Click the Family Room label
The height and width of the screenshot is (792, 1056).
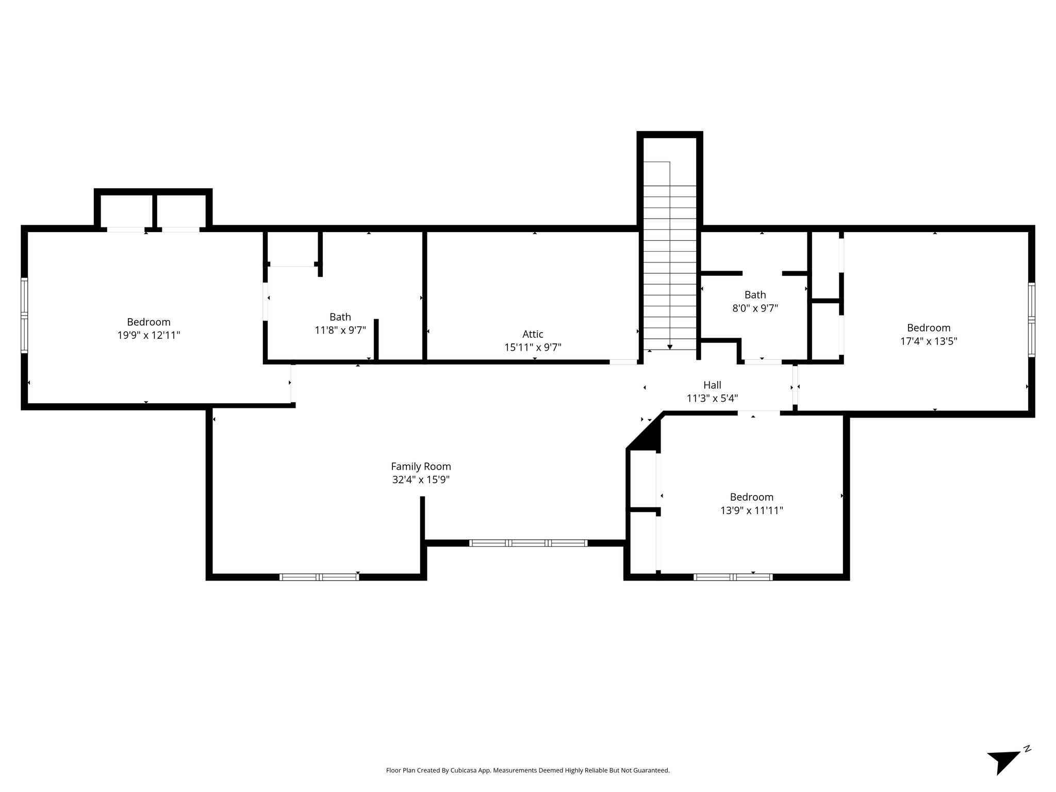(421, 466)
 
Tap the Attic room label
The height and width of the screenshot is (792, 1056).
(533, 334)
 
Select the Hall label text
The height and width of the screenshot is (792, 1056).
(712, 385)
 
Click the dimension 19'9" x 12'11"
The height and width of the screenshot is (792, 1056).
(148, 335)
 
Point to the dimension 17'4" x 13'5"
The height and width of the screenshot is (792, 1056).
(929, 341)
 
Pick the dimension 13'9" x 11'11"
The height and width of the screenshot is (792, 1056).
(752, 510)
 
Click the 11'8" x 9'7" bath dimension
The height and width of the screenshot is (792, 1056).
(340, 330)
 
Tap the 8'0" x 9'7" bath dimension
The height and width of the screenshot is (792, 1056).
(755, 308)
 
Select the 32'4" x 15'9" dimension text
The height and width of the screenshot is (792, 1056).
(421, 480)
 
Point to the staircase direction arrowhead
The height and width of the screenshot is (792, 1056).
(670, 347)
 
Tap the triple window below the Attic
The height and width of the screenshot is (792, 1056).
(528, 543)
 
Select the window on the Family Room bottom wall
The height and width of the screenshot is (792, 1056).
(319, 577)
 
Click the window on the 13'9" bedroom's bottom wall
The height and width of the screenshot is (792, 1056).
(733, 577)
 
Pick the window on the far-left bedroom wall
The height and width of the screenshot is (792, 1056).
(24, 316)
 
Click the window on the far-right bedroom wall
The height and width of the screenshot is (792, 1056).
(1031, 319)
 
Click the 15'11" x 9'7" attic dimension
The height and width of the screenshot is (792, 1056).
(533, 348)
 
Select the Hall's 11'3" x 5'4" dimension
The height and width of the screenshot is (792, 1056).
(712, 398)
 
